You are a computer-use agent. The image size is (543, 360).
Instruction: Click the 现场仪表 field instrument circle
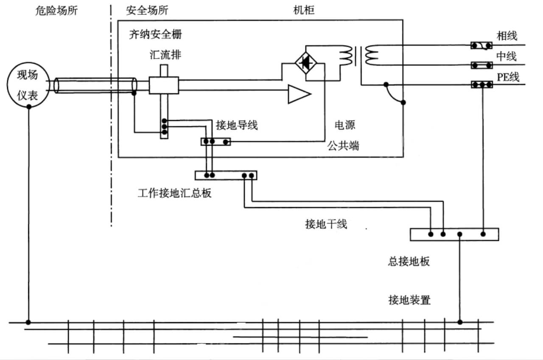tap(28, 85)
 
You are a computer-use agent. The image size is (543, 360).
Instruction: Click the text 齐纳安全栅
tap(156, 34)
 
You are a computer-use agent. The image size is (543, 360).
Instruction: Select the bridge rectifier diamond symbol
tap(306, 63)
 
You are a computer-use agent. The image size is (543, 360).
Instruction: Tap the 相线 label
tap(507, 36)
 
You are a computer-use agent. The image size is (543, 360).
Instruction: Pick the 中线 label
tap(507, 56)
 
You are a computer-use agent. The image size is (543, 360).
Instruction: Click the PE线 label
tap(508, 76)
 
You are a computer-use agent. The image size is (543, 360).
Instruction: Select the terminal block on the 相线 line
tap(481, 45)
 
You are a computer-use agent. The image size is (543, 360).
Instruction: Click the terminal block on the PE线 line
tap(481, 84)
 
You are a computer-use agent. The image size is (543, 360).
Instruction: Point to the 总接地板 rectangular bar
tap(454, 234)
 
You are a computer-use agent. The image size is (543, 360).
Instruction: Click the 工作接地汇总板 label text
tap(174, 194)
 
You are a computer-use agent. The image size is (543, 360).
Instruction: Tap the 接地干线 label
tap(326, 224)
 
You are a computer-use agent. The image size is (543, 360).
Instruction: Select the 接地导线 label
tap(236, 125)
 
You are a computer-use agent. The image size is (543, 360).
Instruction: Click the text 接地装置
tap(409, 300)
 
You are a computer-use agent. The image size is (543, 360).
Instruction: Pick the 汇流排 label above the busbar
tap(163, 55)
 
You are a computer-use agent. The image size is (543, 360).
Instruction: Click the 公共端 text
tap(342, 146)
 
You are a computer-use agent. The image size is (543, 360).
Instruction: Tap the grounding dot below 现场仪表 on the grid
tap(28, 322)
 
